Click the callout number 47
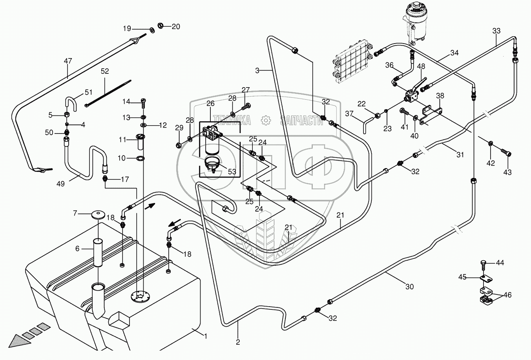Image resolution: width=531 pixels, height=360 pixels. [x=68, y=61]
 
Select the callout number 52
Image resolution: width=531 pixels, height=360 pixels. [x=105, y=71]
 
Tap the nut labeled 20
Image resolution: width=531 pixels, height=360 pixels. [x=161, y=26]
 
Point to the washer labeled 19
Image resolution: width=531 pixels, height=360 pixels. [x=151, y=29]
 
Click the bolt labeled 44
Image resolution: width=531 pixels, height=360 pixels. [x=484, y=264]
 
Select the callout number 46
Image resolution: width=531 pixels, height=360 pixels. [x=507, y=294]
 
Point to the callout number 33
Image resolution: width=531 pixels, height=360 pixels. [x=496, y=31]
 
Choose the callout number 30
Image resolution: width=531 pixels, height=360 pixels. [x=409, y=287]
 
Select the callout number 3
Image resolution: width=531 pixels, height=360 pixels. [x=257, y=71]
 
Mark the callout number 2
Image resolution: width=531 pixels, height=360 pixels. [x=238, y=342]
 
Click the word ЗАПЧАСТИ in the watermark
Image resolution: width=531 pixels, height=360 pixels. [x=302, y=121]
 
